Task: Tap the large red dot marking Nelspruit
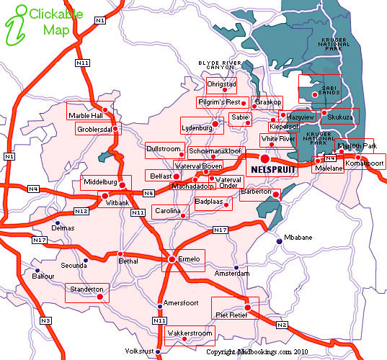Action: coord(264,158)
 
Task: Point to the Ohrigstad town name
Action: coord(221,84)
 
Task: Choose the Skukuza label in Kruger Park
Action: coord(340,116)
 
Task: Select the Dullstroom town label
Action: coord(164,148)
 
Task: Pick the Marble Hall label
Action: coord(85,115)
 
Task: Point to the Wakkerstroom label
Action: coord(190,334)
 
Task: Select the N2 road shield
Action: coord(282,325)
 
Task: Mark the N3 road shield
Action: coord(46,320)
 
